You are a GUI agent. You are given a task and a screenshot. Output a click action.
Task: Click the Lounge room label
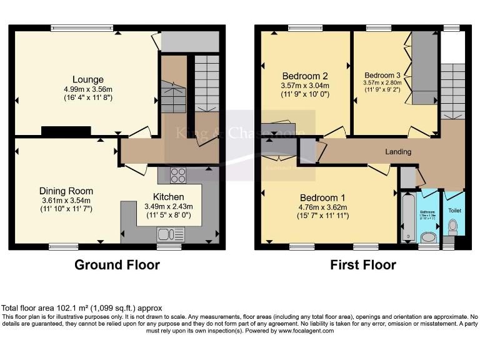pyautogui.click(x=87, y=79)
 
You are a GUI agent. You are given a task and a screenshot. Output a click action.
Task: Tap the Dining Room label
pyautogui.click(x=66, y=191)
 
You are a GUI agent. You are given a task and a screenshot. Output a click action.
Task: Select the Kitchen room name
pyautogui.click(x=169, y=197)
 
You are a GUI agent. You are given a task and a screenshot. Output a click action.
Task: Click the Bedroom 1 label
pyautogui.click(x=322, y=198)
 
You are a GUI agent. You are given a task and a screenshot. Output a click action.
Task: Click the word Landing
pyautogui.click(x=398, y=152)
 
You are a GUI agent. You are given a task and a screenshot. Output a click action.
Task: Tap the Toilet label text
pyautogui.click(x=454, y=211)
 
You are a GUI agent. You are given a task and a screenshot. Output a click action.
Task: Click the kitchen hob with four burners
pyautogui.click(x=177, y=174)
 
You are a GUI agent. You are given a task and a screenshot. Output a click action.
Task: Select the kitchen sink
pyautogui.click(x=171, y=234)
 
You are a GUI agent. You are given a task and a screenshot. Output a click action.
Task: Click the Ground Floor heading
pyautogui.click(x=117, y=265)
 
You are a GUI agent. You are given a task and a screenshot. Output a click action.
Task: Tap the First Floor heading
pyautogui.click(x=363, y=265)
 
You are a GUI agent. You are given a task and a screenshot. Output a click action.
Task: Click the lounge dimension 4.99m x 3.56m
pyautogui.click(x=87, y=89)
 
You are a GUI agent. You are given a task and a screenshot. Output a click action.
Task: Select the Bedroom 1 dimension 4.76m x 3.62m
pyautogui.click(x=322, y=207)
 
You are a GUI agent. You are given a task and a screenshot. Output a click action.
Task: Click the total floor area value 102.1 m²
pyautogui.click(x=74, y=308)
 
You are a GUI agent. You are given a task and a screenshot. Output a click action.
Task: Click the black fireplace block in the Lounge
pyautogui.click(x=66, y=131)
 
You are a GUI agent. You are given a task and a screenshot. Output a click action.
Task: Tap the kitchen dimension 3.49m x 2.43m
pyautogui.click(x=169, y=207)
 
